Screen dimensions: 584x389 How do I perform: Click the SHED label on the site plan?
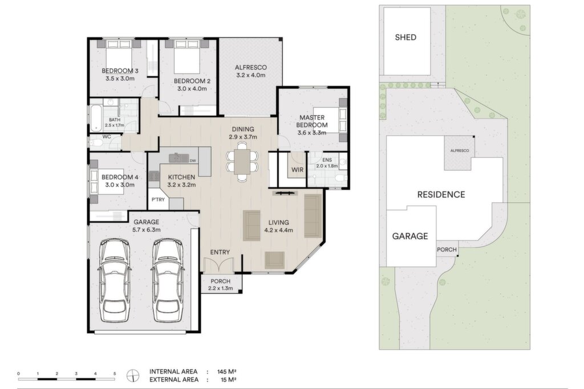coord(405,37)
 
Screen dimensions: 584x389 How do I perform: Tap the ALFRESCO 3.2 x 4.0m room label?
coord(251,71)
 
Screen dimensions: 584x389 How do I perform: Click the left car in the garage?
coord(115,280)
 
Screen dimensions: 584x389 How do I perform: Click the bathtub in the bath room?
coord(96,118)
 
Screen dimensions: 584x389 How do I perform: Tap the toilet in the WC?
coord(98,143)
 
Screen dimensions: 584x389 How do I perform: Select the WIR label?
coord(297,170)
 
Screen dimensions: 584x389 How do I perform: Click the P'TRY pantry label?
coord(158,200)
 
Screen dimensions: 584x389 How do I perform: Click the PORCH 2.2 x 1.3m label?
coord(221,285)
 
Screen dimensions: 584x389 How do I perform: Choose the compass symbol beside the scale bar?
coord(132,375)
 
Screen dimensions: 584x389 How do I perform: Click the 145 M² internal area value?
coord(227,371)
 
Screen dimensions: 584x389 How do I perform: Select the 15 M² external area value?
coord(229,380)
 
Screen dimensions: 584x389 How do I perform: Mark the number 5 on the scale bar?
coord(115,374)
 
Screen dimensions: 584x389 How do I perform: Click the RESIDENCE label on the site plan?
coord(441,195)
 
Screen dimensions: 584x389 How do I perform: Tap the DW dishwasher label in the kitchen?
coord(193,161)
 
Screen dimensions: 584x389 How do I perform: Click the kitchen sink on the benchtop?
coord(179,158)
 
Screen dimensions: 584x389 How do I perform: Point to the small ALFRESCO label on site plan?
coord(460,150)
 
